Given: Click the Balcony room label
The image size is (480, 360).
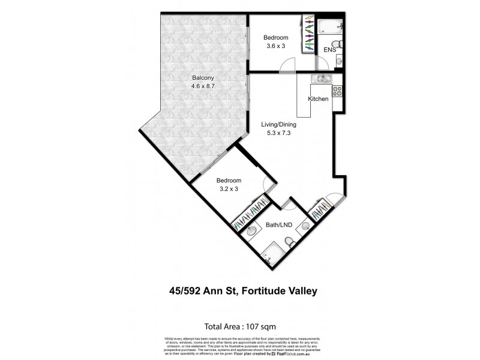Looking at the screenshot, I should pyautogui.click(x=203, y=78).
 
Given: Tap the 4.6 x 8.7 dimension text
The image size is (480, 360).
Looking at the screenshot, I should pyautogui.click(x=203, y=86).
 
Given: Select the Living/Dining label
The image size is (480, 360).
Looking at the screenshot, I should pyautogui.click(x=278, y=125).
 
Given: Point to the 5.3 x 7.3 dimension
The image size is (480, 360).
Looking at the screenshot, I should pyautogui.click(x=278, y=133).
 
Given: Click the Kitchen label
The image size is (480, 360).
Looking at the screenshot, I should pyautogui.click(x=318, y=99).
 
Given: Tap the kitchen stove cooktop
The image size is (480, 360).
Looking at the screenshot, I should pyautogui.click(x=337, y=92).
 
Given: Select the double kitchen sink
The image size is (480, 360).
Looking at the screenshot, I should pyautogui.click(x=325, y=79).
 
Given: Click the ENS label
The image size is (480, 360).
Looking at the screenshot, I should pyautogui.click(x=330, y=50).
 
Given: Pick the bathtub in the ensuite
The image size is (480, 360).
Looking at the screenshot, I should pyautogui.click(x=330, y=25).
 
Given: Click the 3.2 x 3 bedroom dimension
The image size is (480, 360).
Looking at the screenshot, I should pyautogui.click(x=229, y=189).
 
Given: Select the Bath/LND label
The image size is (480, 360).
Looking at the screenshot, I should pyautogui.click(x=278, y=226).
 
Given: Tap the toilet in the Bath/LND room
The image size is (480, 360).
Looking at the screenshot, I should pyautogui.click(x=289, y=241).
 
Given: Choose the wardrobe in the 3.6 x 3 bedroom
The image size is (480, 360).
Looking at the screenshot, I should pyautogui.click(x=310, y=34).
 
